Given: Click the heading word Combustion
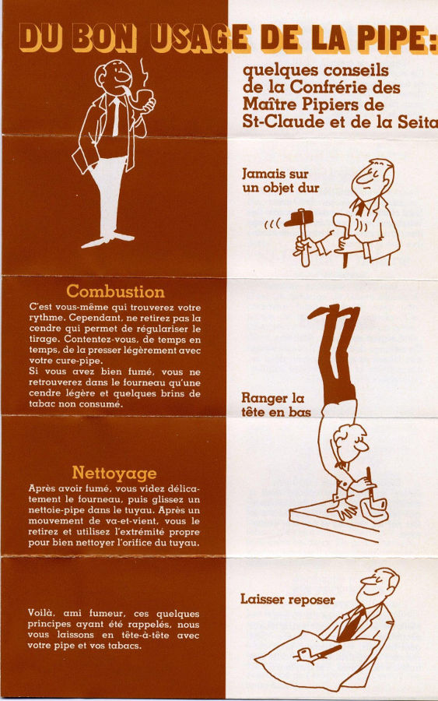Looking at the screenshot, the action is pyautogui.click(x=116, y=291).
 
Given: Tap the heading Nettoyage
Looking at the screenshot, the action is pyautogui.click(x=114, y=473).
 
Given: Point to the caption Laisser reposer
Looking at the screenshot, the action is pyautogui.click(x=288, y=599).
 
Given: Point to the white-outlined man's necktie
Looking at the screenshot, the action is pyautogui.click(x=116, y=116).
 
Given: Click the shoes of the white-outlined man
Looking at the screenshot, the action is pyautogui.click(x=108, y=239).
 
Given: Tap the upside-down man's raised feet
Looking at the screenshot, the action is pyautogui.click(x=333, y=312).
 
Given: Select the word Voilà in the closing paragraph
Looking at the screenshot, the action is pyautogui.click(x=41, y=613).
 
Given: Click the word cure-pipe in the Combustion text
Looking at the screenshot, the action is pyautogui.click(x=72, y=361).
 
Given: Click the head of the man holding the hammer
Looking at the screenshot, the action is pyautogui.click(x=373, y=179).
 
